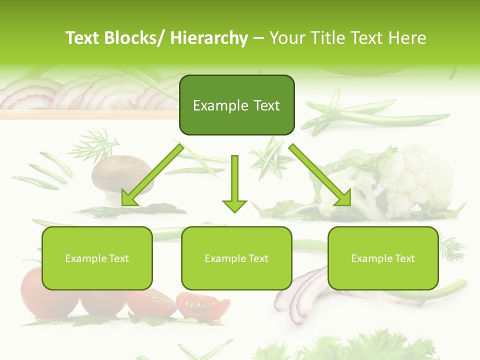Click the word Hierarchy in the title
tap(209, 38)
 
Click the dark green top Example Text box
tap(236, 105)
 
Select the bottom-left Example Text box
tap(97, 258)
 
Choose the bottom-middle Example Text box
tap(236, 258)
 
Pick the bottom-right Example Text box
tap(383, 258)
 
